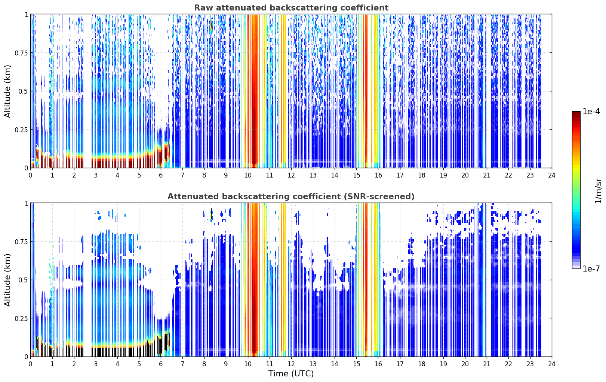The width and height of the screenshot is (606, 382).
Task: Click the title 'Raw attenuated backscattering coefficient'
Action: [291, 8]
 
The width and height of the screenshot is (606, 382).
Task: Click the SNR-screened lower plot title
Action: [291, 196]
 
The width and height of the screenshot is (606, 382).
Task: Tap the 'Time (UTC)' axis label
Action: [291, 374]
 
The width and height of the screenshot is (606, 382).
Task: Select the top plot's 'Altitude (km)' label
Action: [7, 91]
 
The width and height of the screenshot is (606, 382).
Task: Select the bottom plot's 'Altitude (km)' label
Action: [7, 280]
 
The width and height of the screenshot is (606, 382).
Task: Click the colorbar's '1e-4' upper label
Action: [591, 111]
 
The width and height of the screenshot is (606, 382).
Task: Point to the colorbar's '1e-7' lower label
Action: [591, 269]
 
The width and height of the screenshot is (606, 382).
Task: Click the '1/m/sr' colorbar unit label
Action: [598, 191]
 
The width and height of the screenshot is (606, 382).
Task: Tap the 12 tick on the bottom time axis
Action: [291, 364]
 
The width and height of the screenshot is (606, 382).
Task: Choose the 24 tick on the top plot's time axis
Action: [552, 175]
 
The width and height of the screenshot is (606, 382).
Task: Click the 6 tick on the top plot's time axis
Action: [161, 175]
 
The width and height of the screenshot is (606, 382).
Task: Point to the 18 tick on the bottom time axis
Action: [421, 364]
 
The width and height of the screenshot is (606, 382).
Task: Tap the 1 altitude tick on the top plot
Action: [27, 15]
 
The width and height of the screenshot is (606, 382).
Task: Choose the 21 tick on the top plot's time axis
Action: [487, 175]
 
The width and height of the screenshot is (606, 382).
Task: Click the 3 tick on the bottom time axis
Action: [95, 364]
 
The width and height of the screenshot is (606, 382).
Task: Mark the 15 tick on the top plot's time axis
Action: [356, 175]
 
